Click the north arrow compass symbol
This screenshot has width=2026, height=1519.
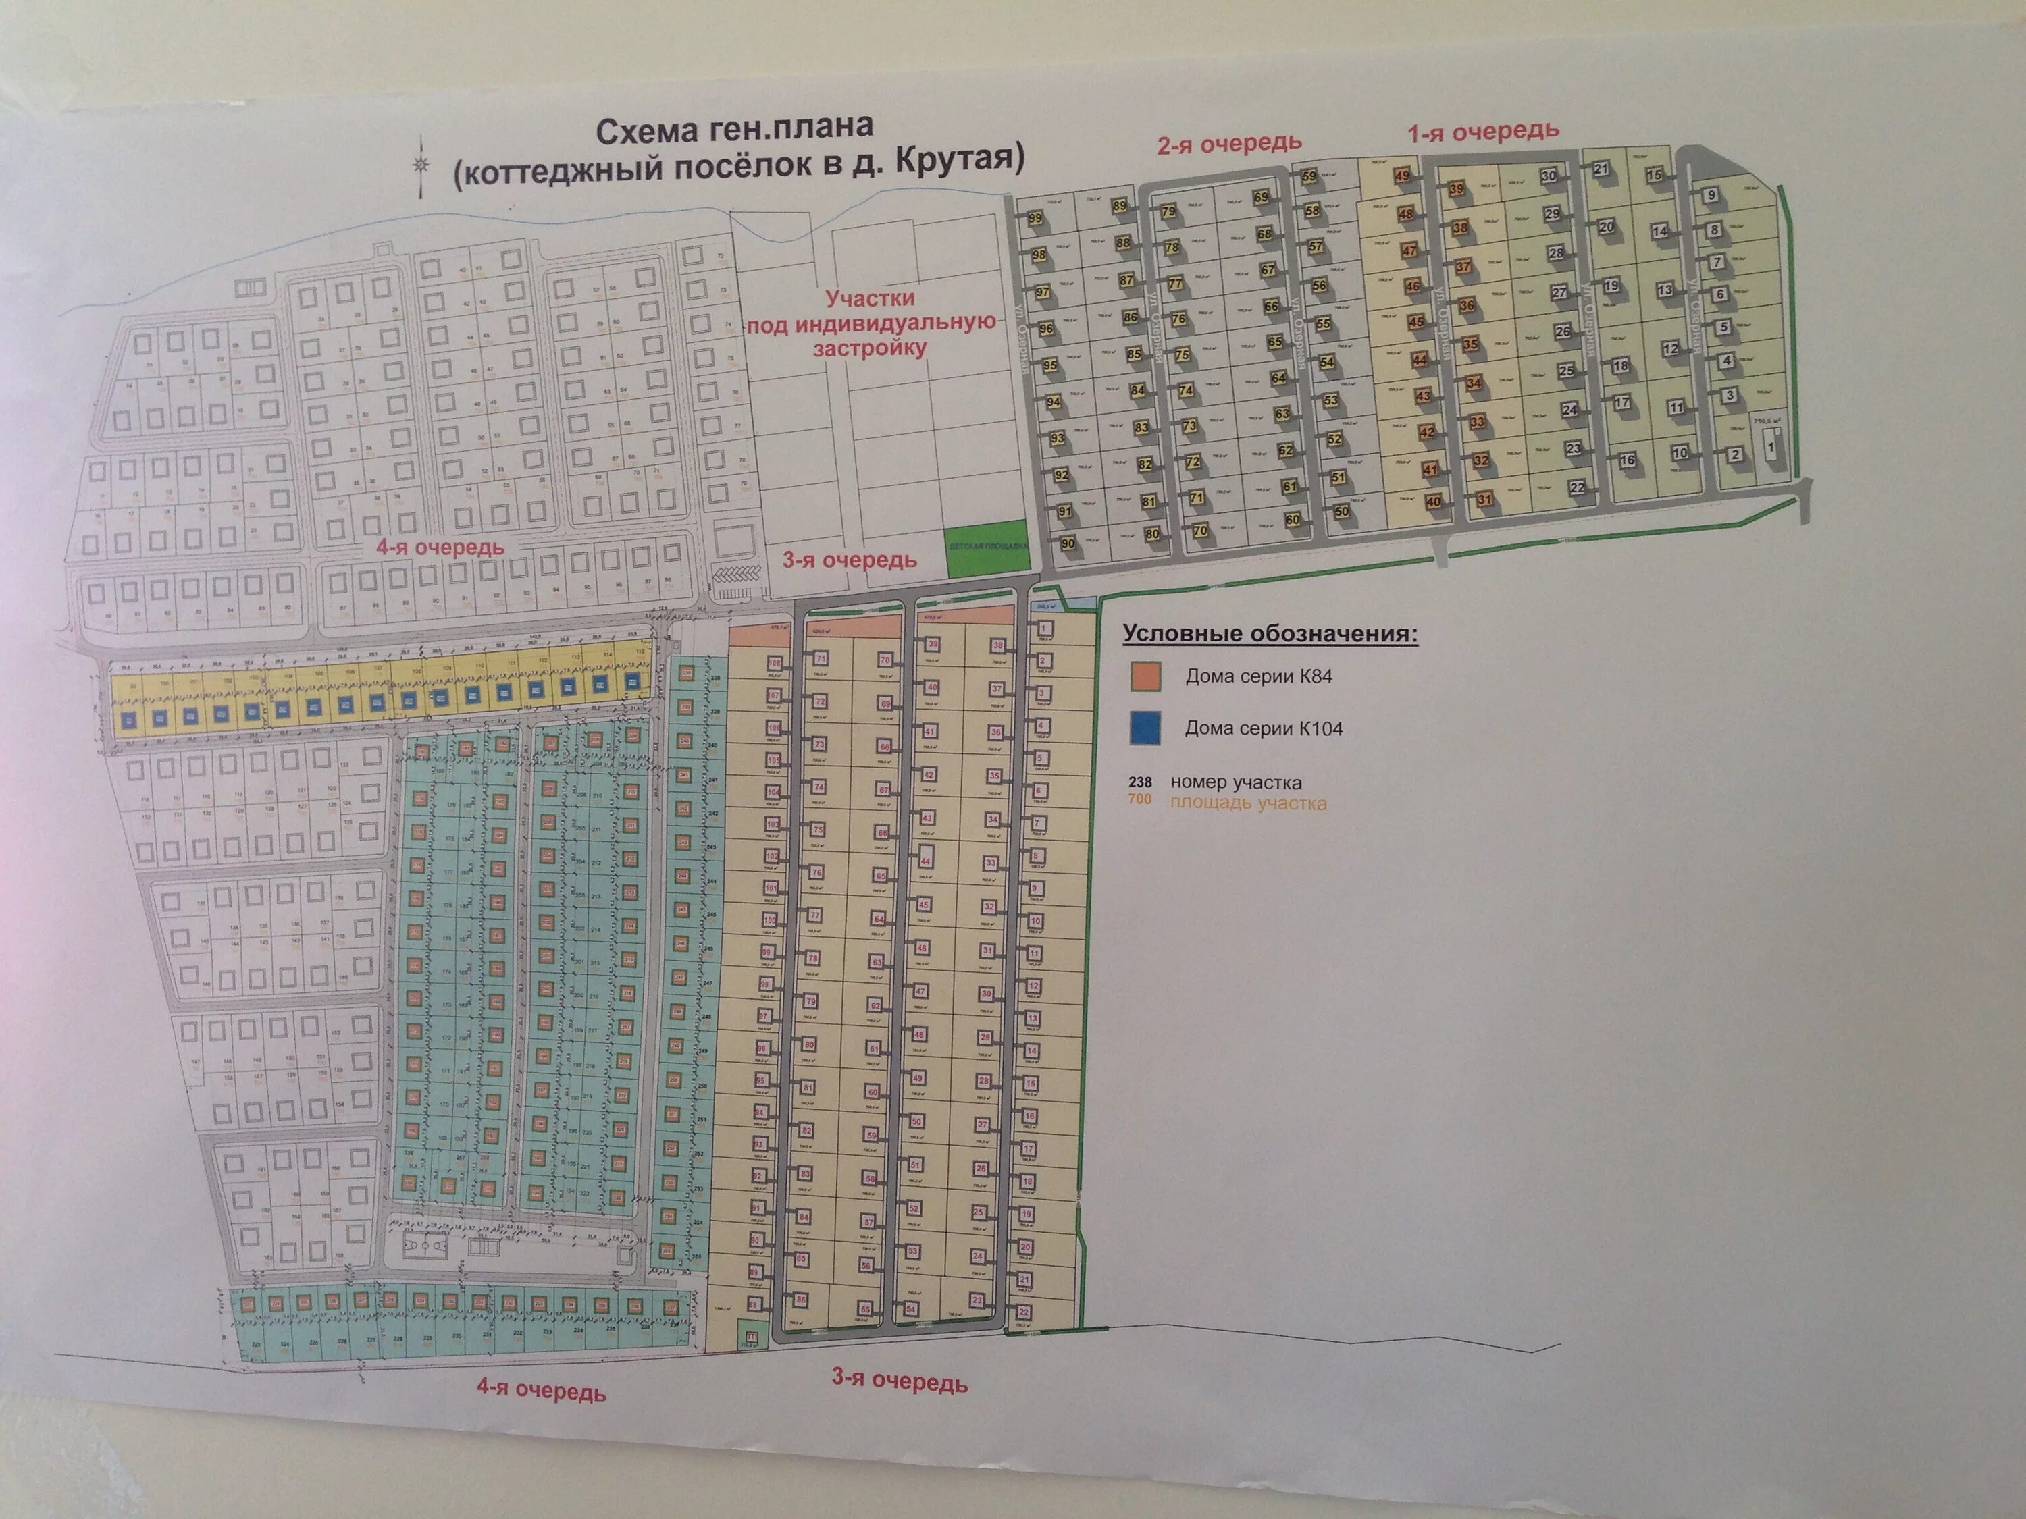[x=421, y=165]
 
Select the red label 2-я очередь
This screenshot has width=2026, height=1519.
[x=1229, y=144]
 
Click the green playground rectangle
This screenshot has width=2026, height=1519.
[x=987, y=548]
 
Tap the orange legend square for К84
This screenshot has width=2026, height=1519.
[x=1145, y=676]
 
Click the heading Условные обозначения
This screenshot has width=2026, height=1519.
[x=1270, y=634]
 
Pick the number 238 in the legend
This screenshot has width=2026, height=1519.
[x=1139, y=782]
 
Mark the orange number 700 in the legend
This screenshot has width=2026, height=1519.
[x=1139, y=800]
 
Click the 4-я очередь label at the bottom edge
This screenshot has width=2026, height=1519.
[x=540, y=1391]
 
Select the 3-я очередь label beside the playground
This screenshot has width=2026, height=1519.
[x=849, y=560]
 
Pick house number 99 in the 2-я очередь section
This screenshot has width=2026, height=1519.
[x=1035, y=219]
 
